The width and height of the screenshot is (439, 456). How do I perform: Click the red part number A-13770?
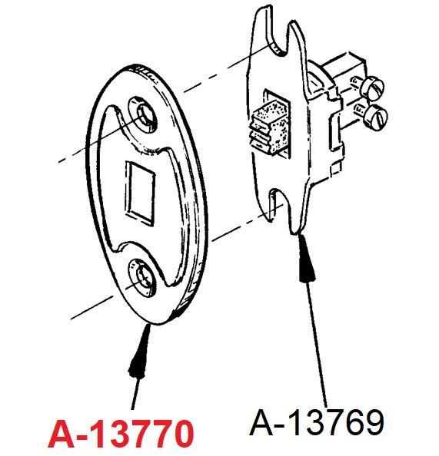click(121, 434)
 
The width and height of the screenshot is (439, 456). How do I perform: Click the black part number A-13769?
click(317, 421)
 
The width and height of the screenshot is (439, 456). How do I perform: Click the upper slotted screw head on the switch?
click(373, 87)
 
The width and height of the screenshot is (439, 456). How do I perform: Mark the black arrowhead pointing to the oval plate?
click(140, 351)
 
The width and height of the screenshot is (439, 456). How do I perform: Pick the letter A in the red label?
click(62, 434)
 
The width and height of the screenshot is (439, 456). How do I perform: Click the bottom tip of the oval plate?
click(158, 323)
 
